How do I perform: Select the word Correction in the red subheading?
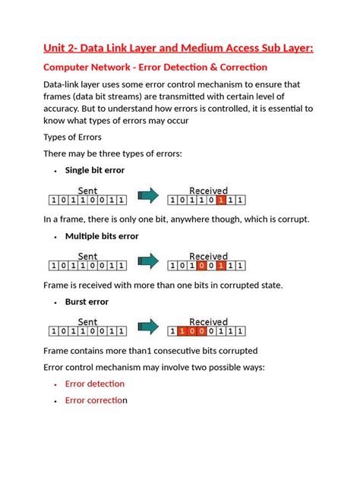point(238,68)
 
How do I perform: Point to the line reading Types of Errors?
point(72,137)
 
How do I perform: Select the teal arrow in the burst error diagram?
point(148,329)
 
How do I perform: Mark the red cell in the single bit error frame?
point(219,201)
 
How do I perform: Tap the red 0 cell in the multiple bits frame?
point(200,266)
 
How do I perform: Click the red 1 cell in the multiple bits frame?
point(219,266)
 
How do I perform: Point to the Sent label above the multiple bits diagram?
point(87,256)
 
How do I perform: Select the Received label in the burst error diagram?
point(207,321)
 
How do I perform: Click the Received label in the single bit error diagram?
point(207,191)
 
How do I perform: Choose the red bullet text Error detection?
point(94,384)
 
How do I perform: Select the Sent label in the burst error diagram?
point(87,321)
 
